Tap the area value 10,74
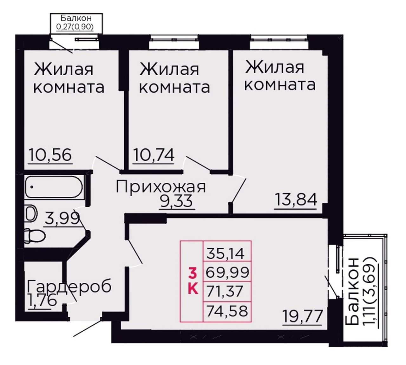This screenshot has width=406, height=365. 154,155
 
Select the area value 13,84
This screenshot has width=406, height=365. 296,200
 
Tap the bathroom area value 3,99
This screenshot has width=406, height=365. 62,218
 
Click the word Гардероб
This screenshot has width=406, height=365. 69,287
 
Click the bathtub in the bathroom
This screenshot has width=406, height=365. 54,187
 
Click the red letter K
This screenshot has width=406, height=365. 193,290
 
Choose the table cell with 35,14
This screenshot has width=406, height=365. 227,251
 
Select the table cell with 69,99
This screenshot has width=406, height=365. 227,271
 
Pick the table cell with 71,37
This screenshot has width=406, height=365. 227,292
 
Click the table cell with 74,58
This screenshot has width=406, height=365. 227,312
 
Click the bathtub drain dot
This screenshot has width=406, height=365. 32,187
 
